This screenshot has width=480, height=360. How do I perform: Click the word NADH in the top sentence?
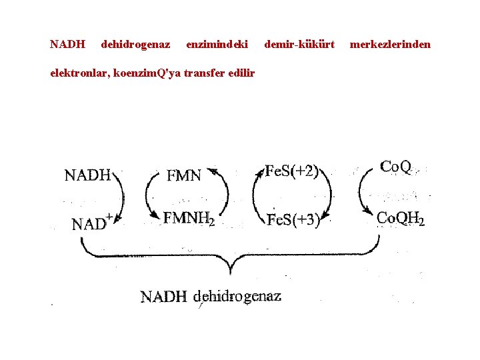click(x=68, y=45)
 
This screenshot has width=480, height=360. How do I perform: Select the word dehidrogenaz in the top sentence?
click(x=135, y=45)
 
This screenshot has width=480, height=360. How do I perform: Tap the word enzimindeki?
click(x=217, y=45)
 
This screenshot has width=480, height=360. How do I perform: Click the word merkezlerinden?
click(x=391, y=45)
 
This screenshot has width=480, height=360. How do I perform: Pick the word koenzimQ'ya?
click(x=146, y=73)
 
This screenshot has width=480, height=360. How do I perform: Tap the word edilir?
click(x=241, y=73)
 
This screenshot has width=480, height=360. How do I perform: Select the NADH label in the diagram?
click(x=87, y=175)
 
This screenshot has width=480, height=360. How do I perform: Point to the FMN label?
click(x=183, y=176)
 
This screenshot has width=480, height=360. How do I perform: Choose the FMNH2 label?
click(x=189, y=219)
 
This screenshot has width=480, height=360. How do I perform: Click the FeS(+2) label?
click(x=292, y=171)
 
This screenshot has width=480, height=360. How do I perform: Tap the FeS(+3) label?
click(x=293, y=219)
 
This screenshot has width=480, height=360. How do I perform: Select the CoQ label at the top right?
click(x=395, y=167)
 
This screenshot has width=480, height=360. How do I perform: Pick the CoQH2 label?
click(x=401, y=218)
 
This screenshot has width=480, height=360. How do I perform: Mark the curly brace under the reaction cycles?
click(x=230, y=257)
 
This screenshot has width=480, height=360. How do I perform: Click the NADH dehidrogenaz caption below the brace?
click(x=211, y=296)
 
